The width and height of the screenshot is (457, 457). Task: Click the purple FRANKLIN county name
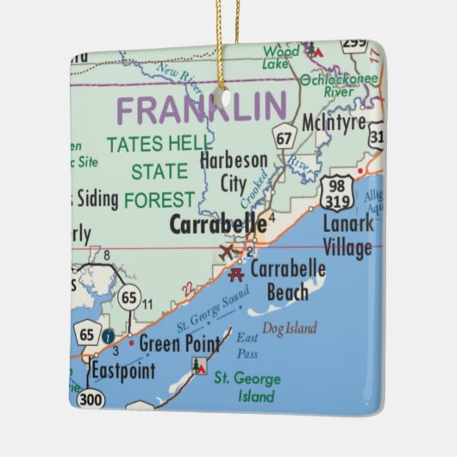click(201, 109)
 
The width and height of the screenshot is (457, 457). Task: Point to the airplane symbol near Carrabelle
click(227, 253)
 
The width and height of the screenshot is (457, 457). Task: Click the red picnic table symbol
click(234, 274)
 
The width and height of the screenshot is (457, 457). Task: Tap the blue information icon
click(108, 336)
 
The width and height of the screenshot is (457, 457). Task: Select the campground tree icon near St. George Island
click(199, 367)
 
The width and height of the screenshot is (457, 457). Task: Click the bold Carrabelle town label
click(217, 225)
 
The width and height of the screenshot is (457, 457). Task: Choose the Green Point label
click(178, 343)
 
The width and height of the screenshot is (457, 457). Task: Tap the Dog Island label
click(289, 328)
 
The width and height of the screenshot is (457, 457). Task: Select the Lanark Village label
click(347, 235)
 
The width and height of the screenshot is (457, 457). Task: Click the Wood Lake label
click(281, 57)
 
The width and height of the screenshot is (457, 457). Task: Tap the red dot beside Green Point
click(130, 342)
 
